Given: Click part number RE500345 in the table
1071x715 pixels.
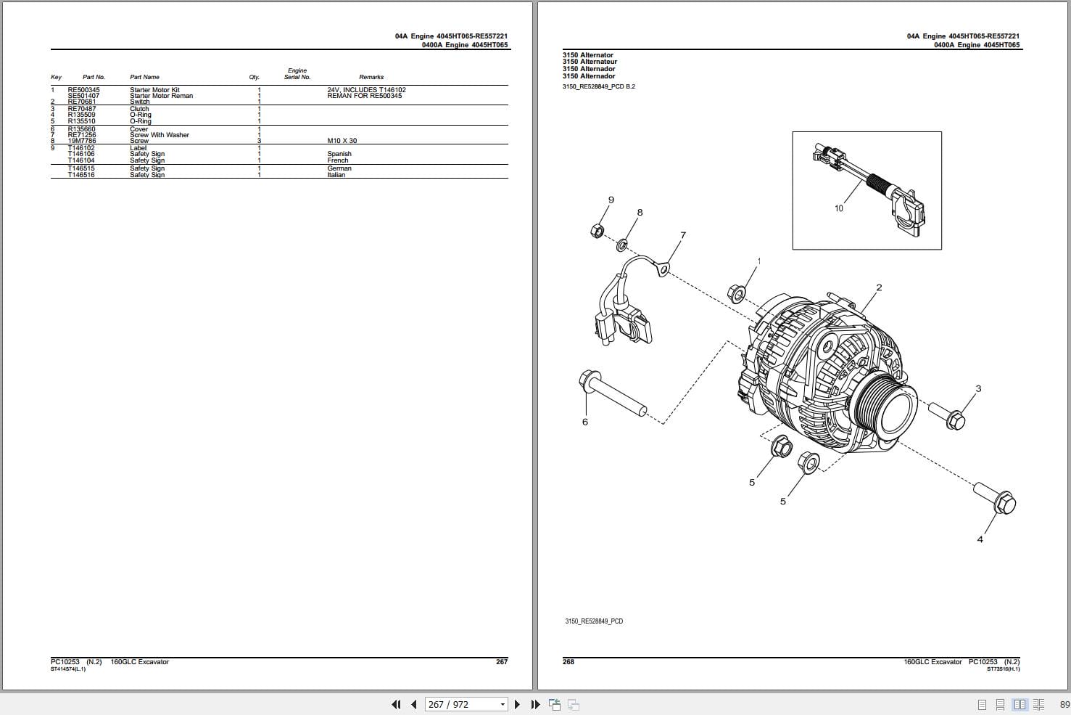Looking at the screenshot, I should pos(83,90).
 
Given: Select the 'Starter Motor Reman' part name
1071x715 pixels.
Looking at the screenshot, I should pos(161,96).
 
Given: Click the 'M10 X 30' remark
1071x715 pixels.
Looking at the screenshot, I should pos(342,141).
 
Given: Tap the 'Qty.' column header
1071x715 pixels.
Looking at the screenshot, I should pos(254,77).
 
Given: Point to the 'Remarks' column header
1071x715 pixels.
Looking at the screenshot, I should pos(371,77).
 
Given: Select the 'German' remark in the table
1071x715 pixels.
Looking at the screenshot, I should pos(339,168).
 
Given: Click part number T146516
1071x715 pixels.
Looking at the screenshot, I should pos(81,175).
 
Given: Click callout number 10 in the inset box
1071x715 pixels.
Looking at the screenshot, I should pos(839,208).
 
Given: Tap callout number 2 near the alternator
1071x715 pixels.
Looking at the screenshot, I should pos(879,287).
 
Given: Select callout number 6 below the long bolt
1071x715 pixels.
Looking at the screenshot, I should pos(585,422).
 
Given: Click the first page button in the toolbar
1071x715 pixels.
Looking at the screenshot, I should pos(396,704).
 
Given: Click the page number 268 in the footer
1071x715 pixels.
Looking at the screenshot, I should pos(568,662).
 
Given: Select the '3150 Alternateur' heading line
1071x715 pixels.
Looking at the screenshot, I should pos(590,62).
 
